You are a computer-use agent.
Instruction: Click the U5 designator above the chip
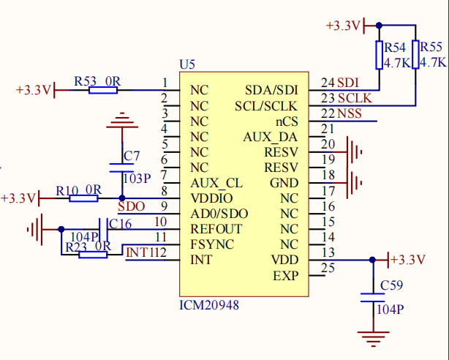[187, 64]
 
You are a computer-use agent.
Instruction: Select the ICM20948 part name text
[209, 304]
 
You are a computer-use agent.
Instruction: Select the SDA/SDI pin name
[271, 91]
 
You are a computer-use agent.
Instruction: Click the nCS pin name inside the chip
[286, 121]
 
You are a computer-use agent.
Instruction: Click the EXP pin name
[285, 276]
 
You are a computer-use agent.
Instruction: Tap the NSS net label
[349, 114]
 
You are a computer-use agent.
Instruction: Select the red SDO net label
[131, 206]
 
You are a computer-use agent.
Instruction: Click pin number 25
[328, 268]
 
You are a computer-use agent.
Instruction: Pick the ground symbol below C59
[371, 337]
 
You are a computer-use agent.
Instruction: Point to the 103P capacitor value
[137, 178]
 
